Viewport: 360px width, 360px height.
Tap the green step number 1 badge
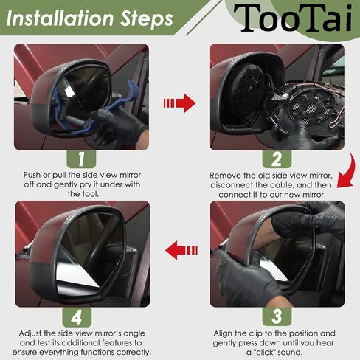(82, 159)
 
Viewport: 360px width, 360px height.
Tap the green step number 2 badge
(277, 159)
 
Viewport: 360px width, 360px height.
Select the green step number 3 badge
(277, 316)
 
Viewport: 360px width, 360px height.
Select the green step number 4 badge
(82, 316)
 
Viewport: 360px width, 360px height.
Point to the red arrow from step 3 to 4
(180, 250)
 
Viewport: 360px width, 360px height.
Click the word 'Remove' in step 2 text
(226, 176)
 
